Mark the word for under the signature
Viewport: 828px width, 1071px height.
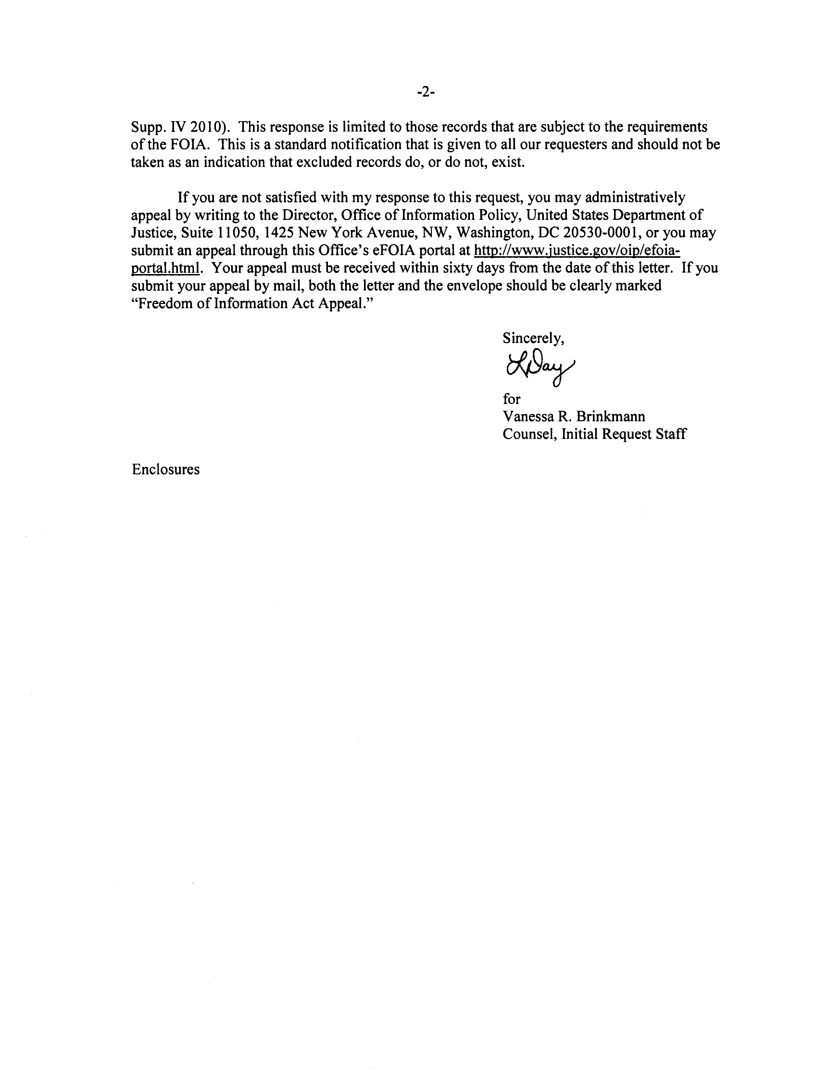coord(511,399)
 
